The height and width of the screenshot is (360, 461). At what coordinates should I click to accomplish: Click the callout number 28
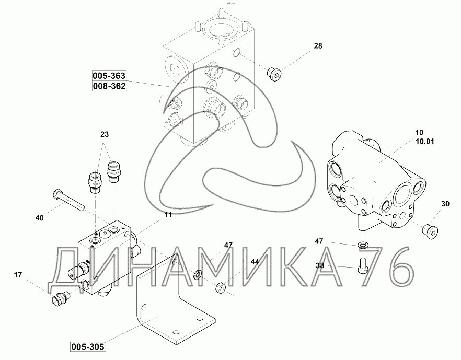point(318,46)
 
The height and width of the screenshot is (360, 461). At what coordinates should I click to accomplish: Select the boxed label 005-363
point(109,76)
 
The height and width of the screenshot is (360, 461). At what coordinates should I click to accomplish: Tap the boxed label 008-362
point(109,86)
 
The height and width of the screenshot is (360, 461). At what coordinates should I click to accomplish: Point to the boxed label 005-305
point(88,347)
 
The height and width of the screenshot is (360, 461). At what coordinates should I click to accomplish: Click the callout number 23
point(105,134)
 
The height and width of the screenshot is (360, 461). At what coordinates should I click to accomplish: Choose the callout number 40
point(39,218)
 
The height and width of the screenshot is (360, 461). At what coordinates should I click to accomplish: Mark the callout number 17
point(18,275)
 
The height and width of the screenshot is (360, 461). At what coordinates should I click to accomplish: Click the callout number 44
point(255,262)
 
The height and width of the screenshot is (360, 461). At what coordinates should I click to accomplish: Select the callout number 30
point(445,204)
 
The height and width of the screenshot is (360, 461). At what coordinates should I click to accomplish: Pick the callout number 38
point(320,265)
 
